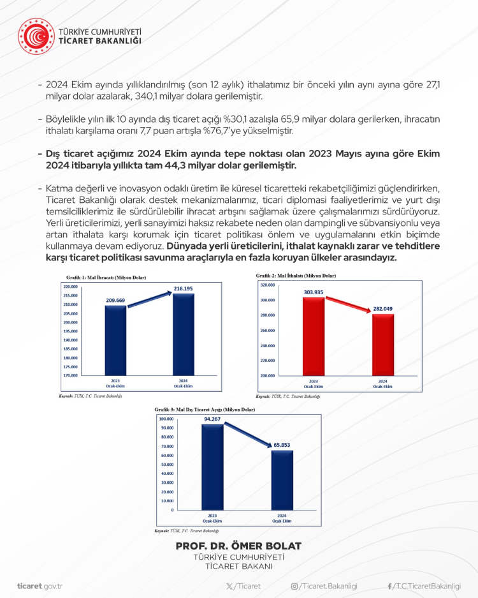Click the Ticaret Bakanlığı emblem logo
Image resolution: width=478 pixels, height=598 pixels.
point(36,35)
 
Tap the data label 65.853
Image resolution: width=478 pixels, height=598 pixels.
point(282,446)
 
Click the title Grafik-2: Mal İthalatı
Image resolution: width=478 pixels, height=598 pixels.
point(296,276)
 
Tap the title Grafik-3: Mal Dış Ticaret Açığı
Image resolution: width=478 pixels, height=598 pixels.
point(205,409)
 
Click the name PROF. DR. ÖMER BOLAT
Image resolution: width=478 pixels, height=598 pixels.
point(238,546)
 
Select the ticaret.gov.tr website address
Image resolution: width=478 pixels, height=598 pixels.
point(40,586)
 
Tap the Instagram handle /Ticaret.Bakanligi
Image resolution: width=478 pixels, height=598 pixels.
point(324,586)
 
